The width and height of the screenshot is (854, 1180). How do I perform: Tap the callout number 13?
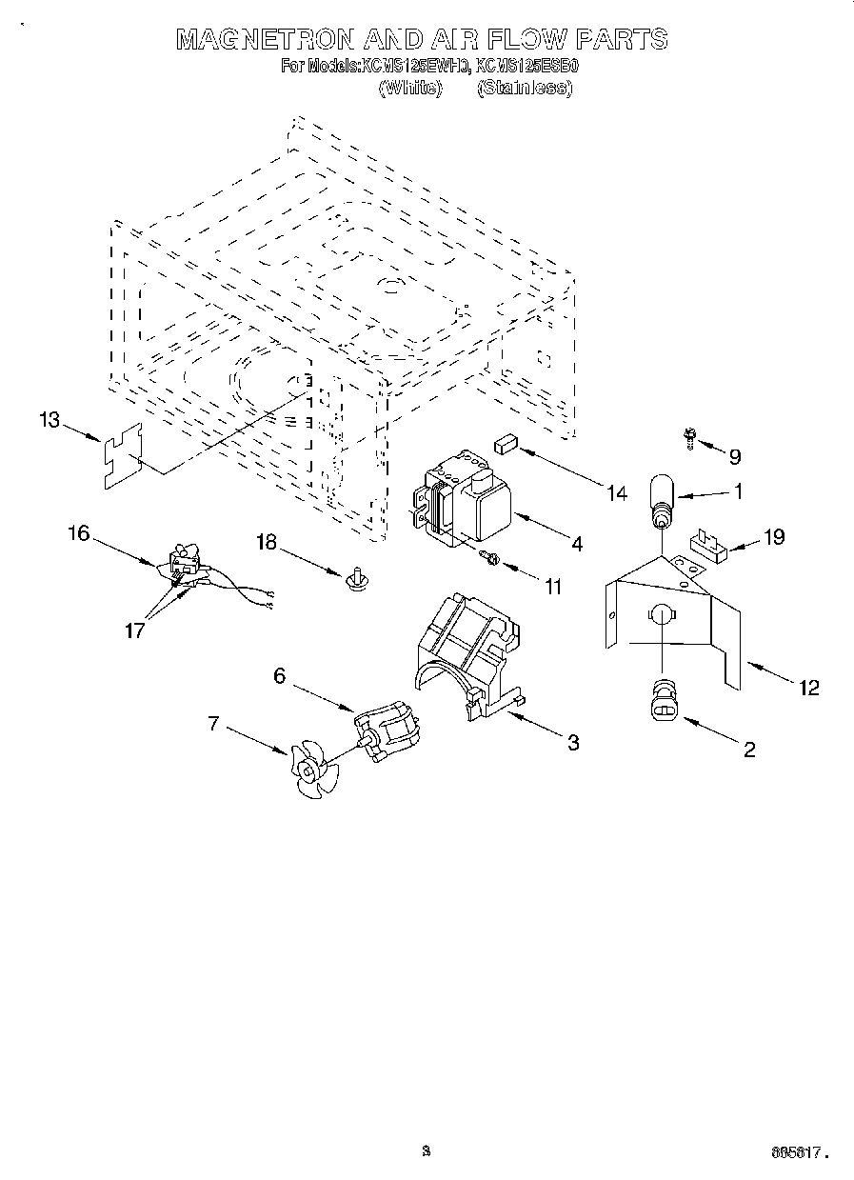[50, 420]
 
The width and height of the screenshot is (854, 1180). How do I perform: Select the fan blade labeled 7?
[312, 767]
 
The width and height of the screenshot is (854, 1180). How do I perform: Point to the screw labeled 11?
[490, 557]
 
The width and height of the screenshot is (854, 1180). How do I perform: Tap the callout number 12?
[808, 688]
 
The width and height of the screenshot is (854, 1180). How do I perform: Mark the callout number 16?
[78, 533]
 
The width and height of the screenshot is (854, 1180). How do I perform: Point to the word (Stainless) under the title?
[525, 88]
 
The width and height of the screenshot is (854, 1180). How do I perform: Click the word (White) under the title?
[410, 88]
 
